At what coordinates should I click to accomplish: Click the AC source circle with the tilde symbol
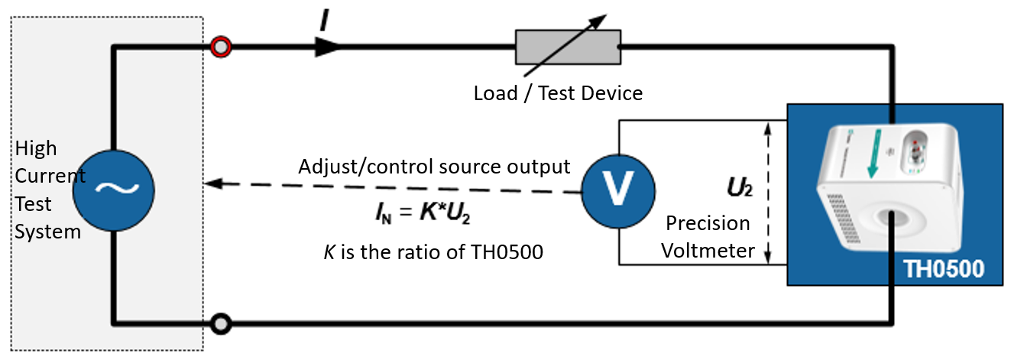(113, 188)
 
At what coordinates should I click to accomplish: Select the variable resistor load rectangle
(566, 47)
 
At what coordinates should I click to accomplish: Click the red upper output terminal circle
(220, 47)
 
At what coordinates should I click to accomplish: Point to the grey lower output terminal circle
(220, 323)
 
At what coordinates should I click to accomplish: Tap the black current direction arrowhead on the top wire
(327, 47)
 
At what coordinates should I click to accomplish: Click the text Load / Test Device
(558, 94)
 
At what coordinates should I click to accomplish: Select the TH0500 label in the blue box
(943, 269)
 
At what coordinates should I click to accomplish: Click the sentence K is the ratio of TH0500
(431, 252)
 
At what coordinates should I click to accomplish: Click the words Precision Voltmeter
(708, 236)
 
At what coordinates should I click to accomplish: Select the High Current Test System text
(49, 190)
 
